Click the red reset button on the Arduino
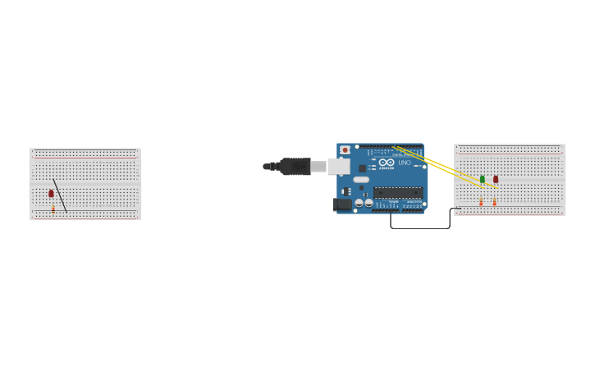click(x=345, y=150)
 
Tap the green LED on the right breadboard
click(x=482, y=179)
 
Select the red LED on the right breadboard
click(x=496, y=179)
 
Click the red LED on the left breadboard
click(x=51, y=194)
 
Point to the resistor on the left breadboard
click(x=53, y=209)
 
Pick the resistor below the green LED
click(x=481, y=200)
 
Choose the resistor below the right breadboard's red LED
click(x=495, y=200)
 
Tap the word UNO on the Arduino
click(x=405, y=163)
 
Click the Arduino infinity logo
click(x=386, y=163)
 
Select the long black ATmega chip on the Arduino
click(x=399, y=192)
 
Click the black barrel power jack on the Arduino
click(x=342, y=204)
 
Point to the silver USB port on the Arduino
click(x=339, y=167)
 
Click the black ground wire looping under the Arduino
click(x=419, y=228)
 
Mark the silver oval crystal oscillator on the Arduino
click(x=361, y=180)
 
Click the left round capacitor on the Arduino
click(x=359, y=203)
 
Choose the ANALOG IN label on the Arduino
click(x=413, y=201)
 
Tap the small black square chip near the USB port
click(x=362, y=168)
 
